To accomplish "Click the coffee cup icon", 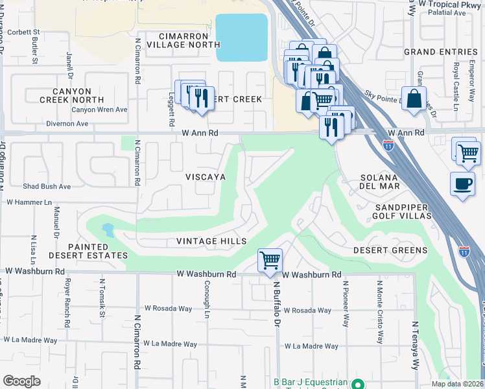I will tap(462, 184).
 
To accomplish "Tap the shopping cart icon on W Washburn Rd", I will tap(270, 261).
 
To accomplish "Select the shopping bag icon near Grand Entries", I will tap(414, 100).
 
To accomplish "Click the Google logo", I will tap(21, 381).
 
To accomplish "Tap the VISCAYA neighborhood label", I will tap(205, 176).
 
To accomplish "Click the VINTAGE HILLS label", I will tap(211, 241).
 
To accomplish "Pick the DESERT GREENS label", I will tap(390, 250).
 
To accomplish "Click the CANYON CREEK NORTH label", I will tap(71, 96).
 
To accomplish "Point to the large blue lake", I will tap(241, 38).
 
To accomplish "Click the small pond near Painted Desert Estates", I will tap(108, 230).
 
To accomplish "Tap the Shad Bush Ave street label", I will tap(47, 186).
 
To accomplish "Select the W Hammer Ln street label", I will tap(29, 202).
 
